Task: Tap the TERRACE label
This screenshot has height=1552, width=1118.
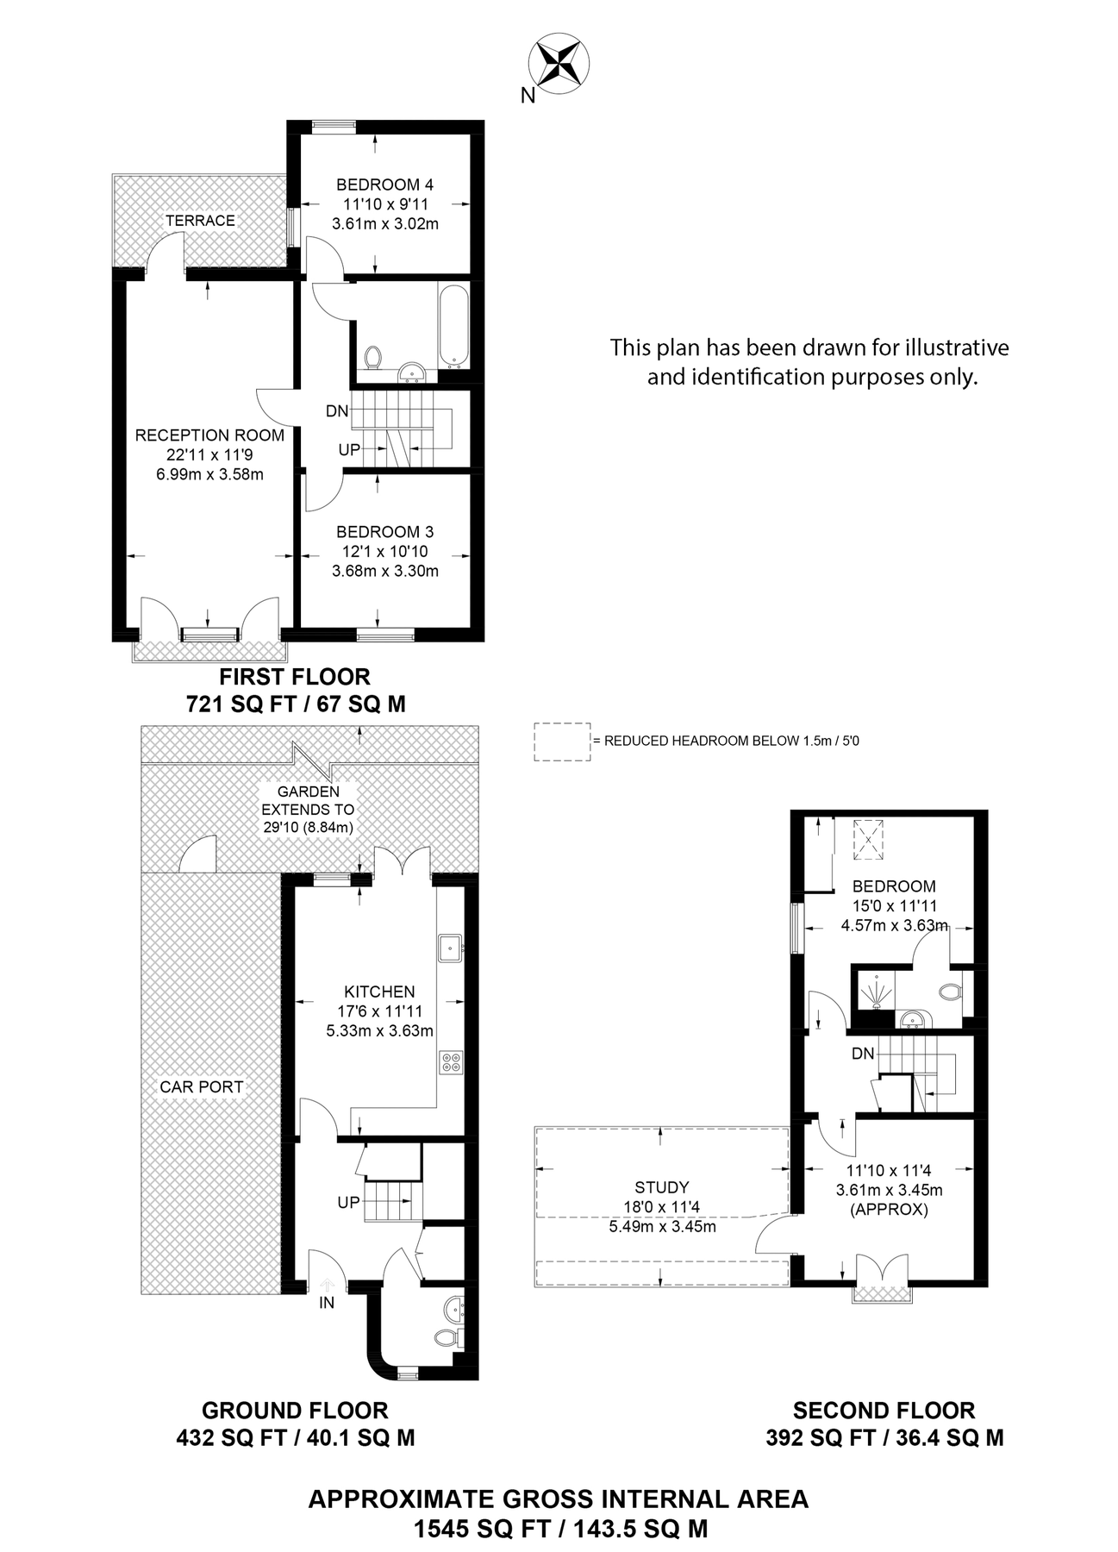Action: pos(200,221)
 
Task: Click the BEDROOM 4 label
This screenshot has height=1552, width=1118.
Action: pos(384,185)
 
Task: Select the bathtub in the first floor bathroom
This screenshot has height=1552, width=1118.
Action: pos(453,326)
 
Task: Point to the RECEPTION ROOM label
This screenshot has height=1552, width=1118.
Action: pos(209,435)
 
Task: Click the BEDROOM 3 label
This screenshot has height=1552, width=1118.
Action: pos(384,532)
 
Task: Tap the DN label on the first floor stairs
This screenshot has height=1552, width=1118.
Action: pos(337,411)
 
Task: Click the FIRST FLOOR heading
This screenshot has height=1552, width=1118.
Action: pos(295,677)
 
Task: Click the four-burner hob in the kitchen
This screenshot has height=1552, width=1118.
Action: pos(450,1061)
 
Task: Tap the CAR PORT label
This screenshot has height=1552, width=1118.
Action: pos(202,1087)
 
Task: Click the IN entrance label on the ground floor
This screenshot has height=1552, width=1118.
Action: pos(327,1303)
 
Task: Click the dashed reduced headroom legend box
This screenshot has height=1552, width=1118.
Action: pos(562,742)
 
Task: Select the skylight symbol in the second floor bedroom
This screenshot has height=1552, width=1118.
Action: pos(868,839)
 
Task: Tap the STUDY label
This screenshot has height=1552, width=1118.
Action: pos(662,1187)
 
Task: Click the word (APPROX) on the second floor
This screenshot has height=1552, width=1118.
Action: pos(889,1210)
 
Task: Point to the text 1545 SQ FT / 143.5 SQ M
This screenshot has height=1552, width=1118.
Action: pos(560,1530)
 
